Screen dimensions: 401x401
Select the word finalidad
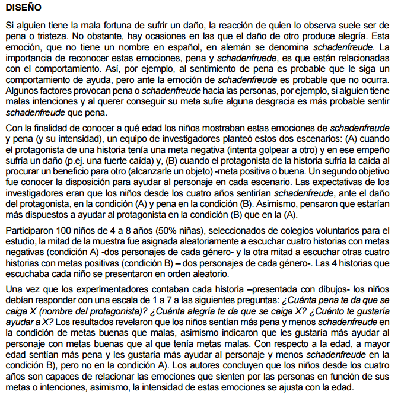[63, 128]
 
